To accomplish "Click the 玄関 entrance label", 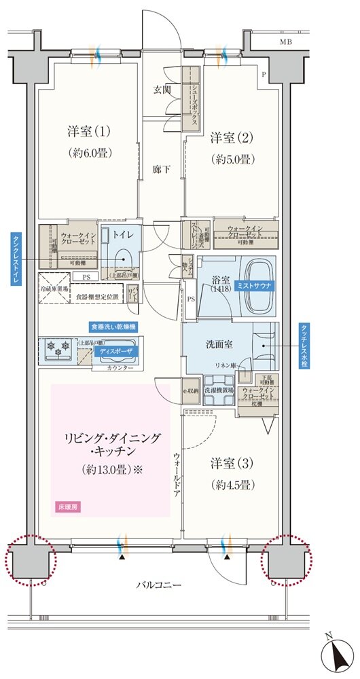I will click(x=162, y=89).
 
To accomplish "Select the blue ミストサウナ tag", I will click(x=253, y=287).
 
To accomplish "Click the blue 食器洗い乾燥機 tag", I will click(x=113, y=327).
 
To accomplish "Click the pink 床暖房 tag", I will click(x=65, y=507).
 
